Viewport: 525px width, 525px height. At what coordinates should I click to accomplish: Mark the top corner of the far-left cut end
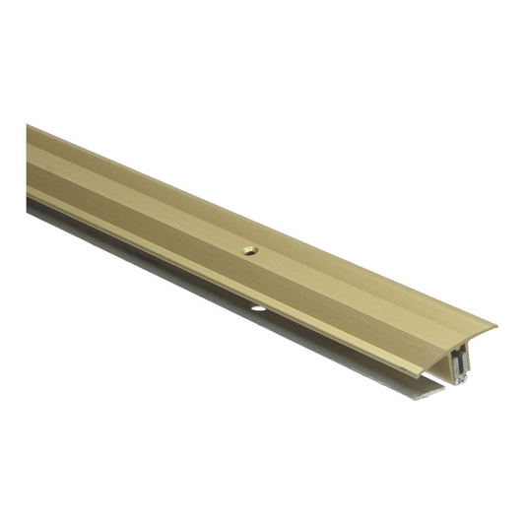click(28, 126)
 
